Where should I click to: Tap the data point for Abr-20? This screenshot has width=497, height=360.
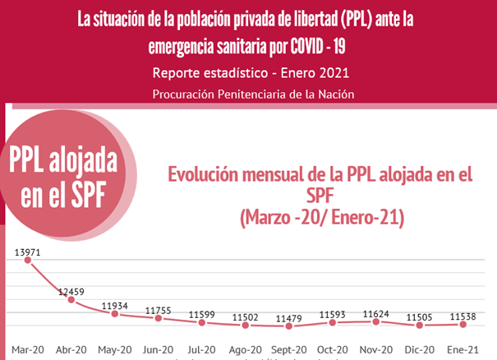[71, 299]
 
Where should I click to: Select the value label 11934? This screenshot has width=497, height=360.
[114, 306]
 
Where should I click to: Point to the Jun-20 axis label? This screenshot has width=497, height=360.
[159, 348]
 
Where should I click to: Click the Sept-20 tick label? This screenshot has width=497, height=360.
[290, 348]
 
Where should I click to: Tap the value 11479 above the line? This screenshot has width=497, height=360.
[290, 317]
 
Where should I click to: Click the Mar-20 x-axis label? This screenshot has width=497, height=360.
[27, 348]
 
